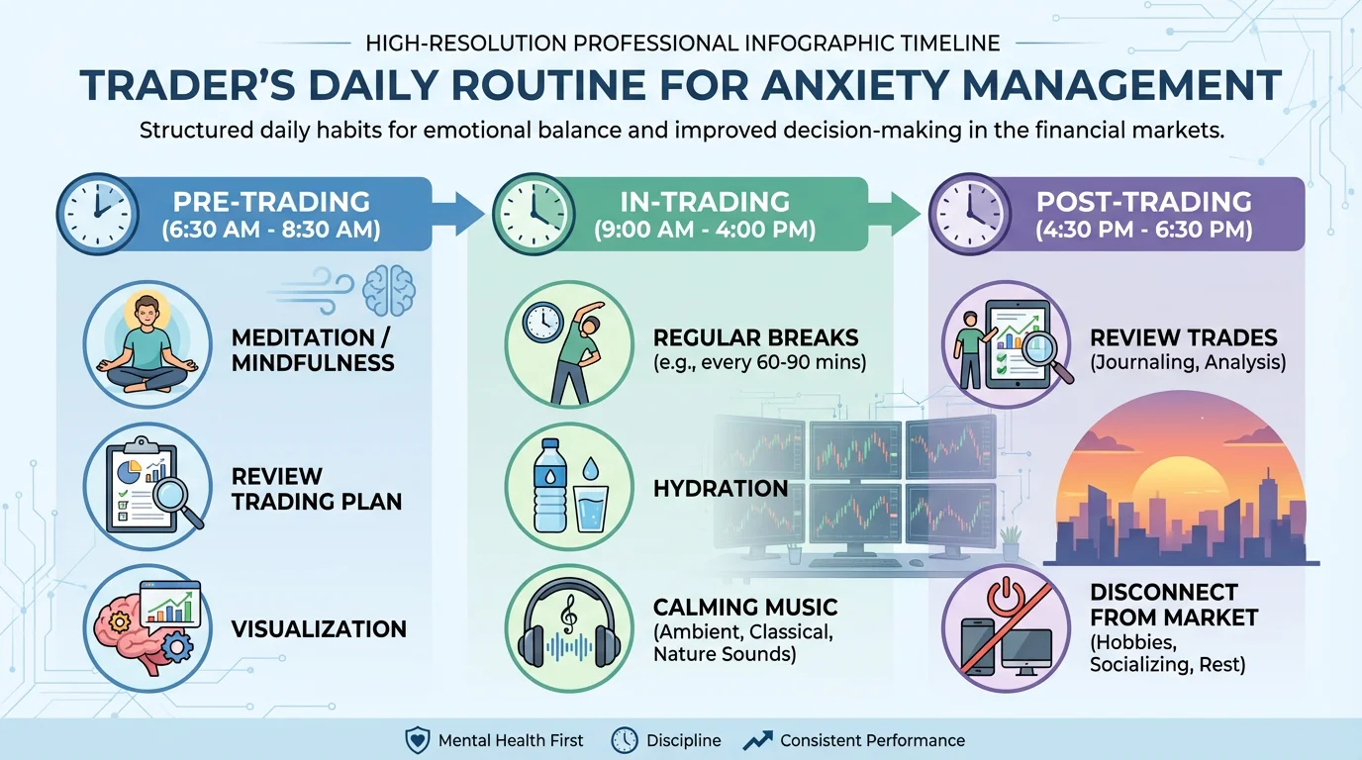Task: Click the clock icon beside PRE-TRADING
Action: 95,213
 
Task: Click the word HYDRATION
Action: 721,488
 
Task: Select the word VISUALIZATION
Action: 319,629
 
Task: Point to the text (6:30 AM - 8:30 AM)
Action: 271,232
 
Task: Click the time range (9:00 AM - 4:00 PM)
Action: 706,232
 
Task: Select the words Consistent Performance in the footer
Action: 872,740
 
